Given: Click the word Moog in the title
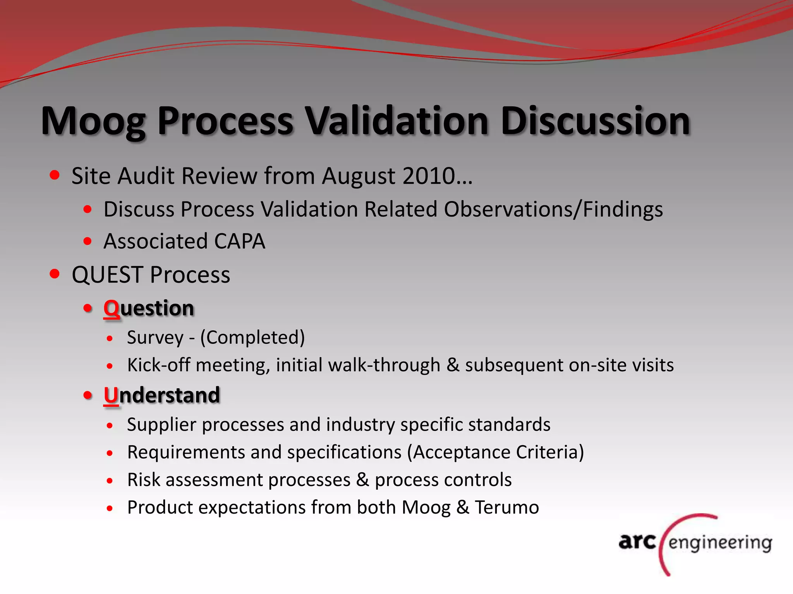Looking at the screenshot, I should [x=93, y=122].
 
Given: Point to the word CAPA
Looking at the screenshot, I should [x=239, y=242].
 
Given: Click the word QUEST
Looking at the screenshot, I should [x=107, y=275].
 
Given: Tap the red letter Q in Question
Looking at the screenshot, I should [x=111, y=309].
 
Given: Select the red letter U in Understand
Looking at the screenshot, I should [x=111, y=395].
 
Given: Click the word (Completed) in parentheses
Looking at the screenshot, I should [x=252, y=338].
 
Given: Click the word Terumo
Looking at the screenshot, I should [x=507, y=507].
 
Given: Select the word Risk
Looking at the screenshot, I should [x=143, y=480].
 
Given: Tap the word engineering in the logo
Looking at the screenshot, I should [x=720, y=543].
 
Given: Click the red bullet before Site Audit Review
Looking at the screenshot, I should [x=55, y=175].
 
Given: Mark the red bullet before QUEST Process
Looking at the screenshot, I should [x=55, y=274].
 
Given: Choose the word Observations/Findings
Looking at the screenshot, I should [x=553, y=210].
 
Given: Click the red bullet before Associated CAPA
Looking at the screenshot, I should [x=88, y=241].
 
